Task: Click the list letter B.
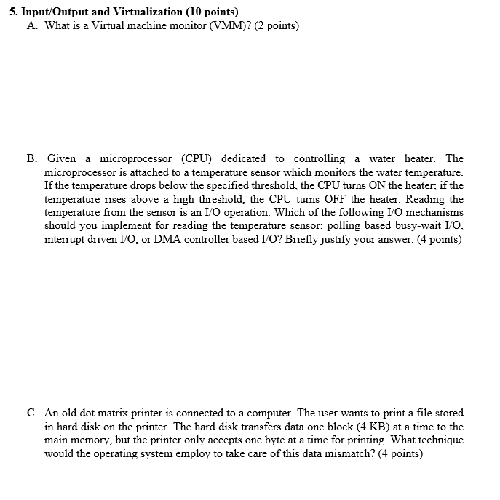[33, 158]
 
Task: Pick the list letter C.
[33, 413]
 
